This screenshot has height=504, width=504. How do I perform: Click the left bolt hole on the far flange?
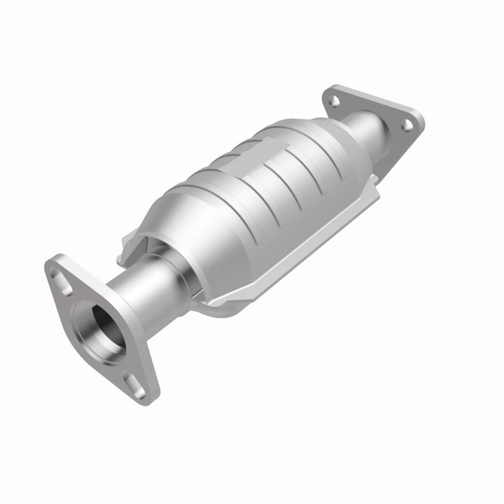coord(335,101)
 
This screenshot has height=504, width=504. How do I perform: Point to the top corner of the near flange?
coord(52,260)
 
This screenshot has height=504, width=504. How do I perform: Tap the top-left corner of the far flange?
coord(327,90)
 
